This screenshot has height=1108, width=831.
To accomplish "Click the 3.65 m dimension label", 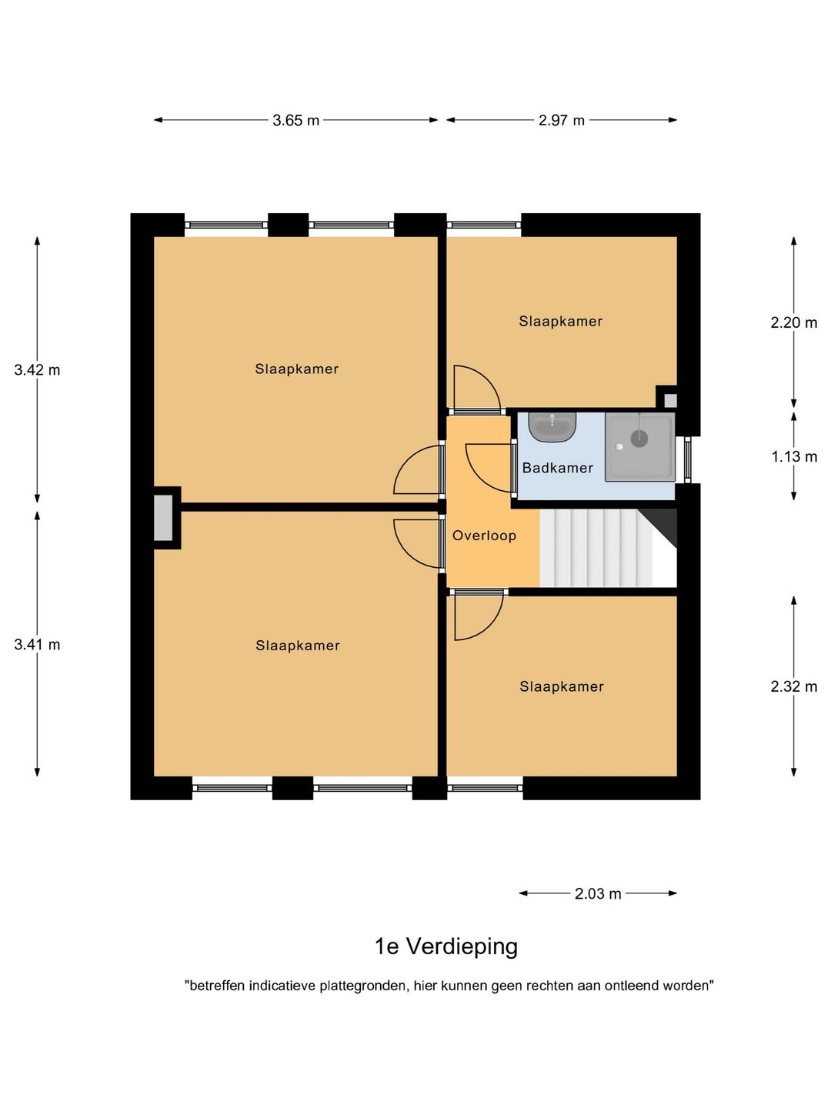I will click(x=295, y=121).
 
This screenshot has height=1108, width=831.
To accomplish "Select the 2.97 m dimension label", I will click(x=562, y=121).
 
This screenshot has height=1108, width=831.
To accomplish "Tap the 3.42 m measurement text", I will click(x=37, y=370).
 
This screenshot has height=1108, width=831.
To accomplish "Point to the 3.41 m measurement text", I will click(x=37, y=645).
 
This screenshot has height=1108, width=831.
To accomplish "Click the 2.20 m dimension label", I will click(x=793, y=323).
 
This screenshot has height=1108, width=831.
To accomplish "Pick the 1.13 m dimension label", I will click(x=793, y=457).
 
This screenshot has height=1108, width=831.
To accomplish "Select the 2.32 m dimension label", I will click(x=793, y=687).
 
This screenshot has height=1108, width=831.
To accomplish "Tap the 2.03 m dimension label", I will click(x=598, y=894).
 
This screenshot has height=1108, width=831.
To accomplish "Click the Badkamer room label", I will click(x=557, y=468).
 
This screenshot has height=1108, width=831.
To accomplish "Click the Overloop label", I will click(x=484, y=536).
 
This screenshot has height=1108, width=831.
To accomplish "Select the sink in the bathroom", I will click(x=552, y=426).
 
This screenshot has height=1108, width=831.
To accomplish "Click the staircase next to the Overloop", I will click(x=600, y=548).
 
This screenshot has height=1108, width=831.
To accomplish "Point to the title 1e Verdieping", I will click(x=446, y=946).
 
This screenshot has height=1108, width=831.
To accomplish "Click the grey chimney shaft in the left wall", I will click(x=163, y=518).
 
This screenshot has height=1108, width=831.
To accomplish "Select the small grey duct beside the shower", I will click(x=670, y=400).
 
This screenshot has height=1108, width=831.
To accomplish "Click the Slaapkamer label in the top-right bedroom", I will click(x=560, y=322).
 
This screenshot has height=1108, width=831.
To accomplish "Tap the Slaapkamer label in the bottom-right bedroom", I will click(x=561, y=687).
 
